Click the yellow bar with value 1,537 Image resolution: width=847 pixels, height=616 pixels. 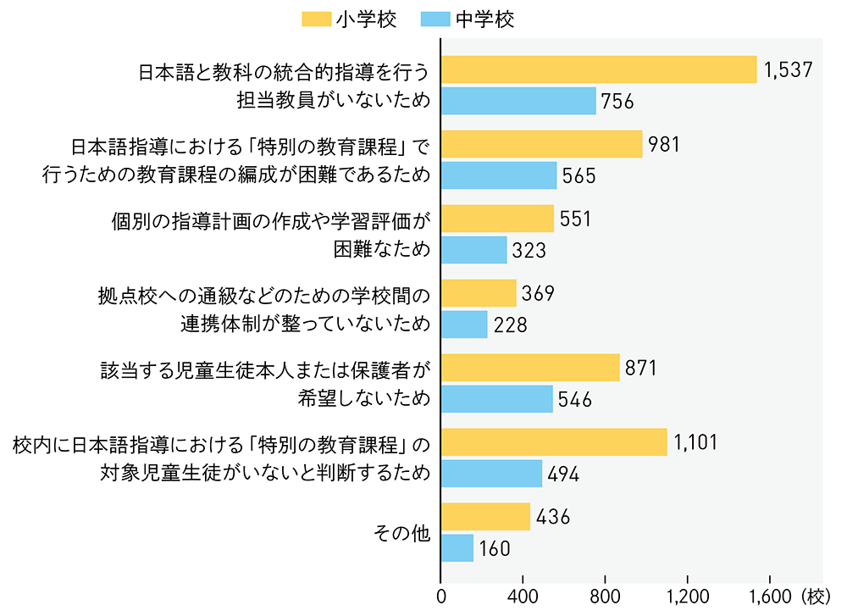[x=599, y=69]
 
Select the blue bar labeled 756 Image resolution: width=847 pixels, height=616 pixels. [x=518, y=101]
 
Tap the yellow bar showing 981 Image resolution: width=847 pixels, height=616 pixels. [x=541, y=144]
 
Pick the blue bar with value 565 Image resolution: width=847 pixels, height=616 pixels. [x=499, y=175]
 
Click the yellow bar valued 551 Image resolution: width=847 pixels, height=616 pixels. [x=497, y=219]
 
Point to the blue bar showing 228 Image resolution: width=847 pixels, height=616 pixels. [x=464, y=325]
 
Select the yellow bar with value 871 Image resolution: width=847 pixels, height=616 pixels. [x=530, y=368]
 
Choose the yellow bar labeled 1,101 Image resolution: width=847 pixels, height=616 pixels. [x=554, y=442]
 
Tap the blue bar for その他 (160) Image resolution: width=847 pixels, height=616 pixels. [x=457, y=548]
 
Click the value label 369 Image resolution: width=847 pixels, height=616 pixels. [x=538, y=293]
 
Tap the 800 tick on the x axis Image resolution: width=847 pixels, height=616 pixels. [x=606, y=597]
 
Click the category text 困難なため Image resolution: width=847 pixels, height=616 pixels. [x=383, y=251]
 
